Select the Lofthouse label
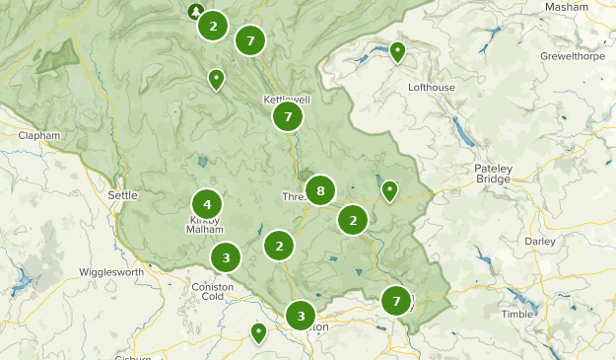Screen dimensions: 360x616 coord(432,87)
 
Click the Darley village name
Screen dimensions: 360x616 coord(540,241)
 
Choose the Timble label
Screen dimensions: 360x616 coord(516,314)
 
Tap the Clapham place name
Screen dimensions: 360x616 coord(39,135)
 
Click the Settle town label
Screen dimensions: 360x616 coord(122,195)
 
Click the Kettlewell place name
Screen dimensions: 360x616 coord(286,100)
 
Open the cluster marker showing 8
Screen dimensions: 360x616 coord(320,189)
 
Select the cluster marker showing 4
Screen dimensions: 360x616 coord(207,204)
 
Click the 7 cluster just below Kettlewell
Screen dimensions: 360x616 coord(288,117)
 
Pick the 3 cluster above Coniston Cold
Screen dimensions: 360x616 coord(226,258)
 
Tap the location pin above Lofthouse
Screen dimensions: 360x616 coord(398,51)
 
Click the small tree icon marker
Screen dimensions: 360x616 coord(195,12)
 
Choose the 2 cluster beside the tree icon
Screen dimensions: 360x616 coord(213,27)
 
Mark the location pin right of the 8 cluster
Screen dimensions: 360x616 coord(389,189)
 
